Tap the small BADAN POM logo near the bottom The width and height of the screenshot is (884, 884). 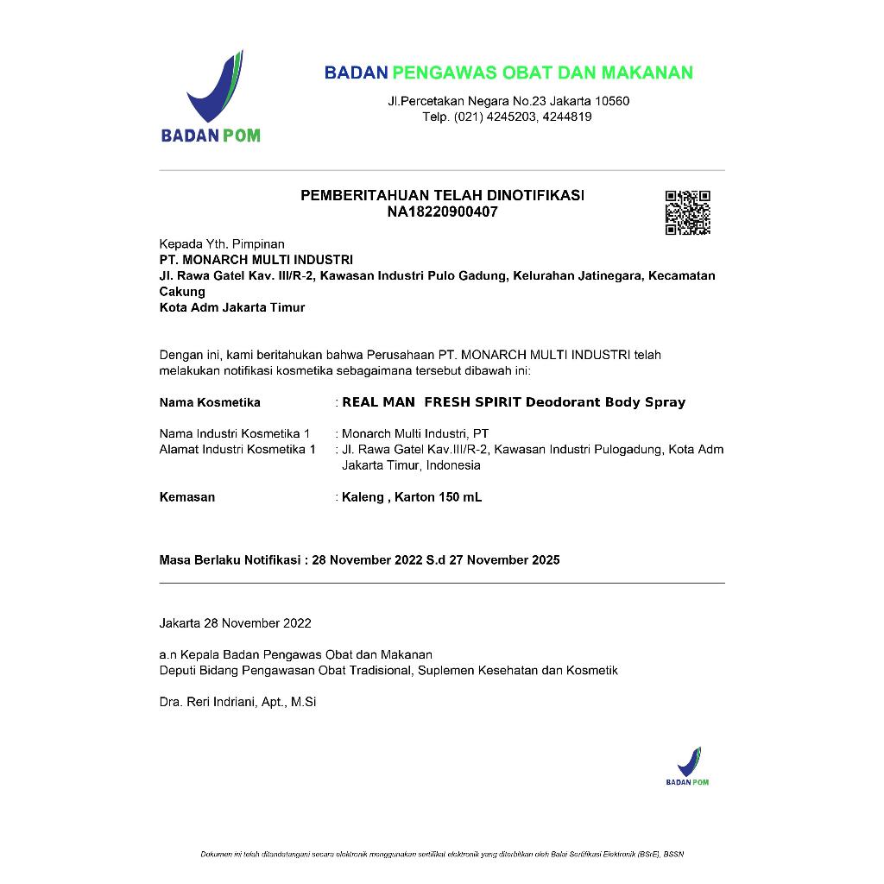(x=687, y=766)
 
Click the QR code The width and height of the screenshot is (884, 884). (x=687, y=212)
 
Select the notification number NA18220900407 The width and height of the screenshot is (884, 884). (x=442, y=212)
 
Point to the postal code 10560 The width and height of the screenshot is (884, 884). (x=612, y=101)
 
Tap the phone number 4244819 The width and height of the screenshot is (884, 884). (x=569, y=117)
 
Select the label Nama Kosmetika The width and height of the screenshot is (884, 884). (x=210, y=402)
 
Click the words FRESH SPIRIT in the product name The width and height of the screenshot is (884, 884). (x=473, y=402)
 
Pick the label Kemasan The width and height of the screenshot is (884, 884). (x=187, y=497)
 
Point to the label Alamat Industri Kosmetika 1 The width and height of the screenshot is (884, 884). (x=237, y=450)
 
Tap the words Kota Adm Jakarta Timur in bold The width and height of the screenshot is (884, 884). (x=232, y=307)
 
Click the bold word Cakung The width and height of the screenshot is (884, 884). (x=182, y=292)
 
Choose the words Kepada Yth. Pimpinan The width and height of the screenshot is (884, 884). (x=222, y=244)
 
